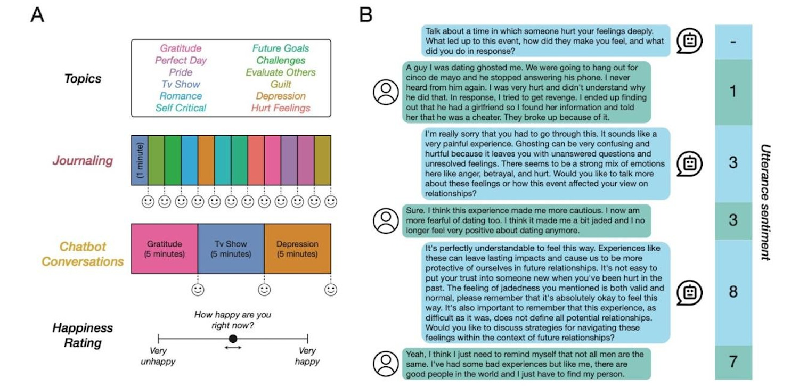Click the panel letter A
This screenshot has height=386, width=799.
(x=37, y=15)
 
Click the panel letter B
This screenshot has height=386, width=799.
(x=365, y=15)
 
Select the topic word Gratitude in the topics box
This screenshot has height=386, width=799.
(x=181, y=48)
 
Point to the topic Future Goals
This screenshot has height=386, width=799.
(x=281, y=48)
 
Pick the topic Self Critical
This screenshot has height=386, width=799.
(x=181, y=108)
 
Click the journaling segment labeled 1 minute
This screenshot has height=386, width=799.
(x=140, y=160)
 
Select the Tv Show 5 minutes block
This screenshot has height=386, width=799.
(x=231, y=249)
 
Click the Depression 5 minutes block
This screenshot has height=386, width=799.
(x=297, y=249)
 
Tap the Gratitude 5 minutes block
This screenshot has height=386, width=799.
(x=164, y=249)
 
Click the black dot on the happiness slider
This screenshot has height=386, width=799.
(x=233, y=339)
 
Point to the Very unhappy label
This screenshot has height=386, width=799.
(x=158, y=356)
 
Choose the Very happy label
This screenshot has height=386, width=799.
(x=307, y=356)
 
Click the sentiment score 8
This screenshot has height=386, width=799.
(x=733, y=292)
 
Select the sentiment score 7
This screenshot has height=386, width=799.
(x=733, y=362)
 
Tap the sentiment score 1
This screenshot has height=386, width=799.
(x=733, y=92)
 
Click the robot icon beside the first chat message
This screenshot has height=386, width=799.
(x=689, y=42)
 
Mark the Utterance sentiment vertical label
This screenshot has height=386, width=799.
(x=765, y=202)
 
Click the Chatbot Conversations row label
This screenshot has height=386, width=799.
(x=83, y=254)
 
